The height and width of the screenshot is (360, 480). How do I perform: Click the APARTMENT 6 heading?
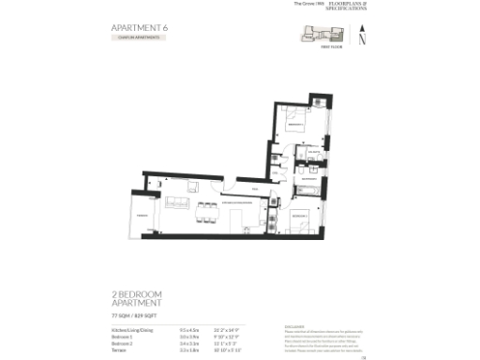click(139, 28)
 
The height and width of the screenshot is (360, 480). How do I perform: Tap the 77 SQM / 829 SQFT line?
click(137, 317)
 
